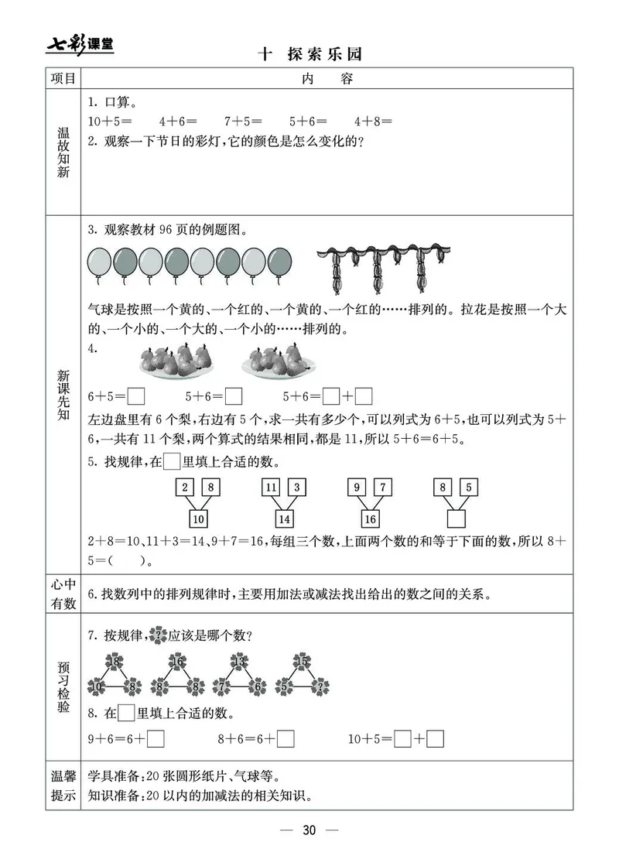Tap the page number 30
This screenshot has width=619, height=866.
pos(309,830)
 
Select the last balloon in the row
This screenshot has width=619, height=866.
pos(280,262)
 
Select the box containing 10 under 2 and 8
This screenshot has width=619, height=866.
pos(198,518)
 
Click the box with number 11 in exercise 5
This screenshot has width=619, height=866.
pos(271,488)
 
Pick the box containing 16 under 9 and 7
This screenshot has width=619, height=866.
pos(370,518)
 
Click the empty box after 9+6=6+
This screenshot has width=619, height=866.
pos(156,739)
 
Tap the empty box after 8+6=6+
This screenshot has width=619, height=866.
pos(286,739)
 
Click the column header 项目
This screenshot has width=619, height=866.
pos(63,79)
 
